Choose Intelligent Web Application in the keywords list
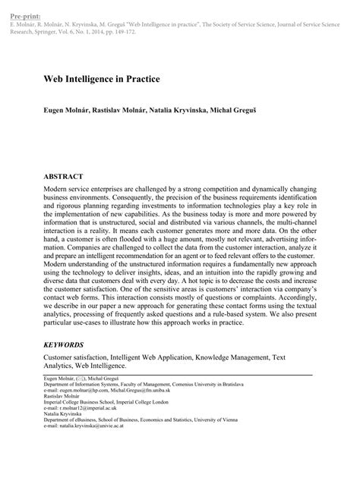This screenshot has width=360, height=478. [x=149, y=356]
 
